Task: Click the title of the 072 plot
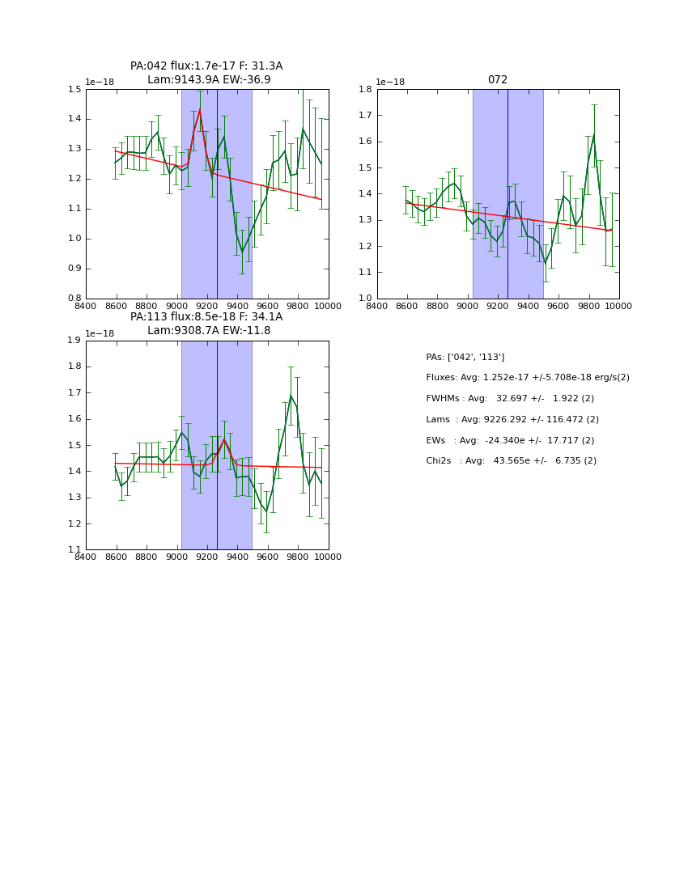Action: coord(497,80)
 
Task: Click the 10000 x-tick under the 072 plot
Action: coord(618,306)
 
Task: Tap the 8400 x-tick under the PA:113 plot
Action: coord(86,557)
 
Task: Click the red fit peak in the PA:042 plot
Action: coord(200,109)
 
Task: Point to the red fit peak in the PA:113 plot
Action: coord(224,439)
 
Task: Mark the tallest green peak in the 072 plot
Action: coord(594,134)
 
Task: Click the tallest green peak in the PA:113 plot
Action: coord(291,395)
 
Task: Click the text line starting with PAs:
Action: coord(465,357)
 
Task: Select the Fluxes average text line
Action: coord(527,378)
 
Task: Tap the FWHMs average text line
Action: coord(510,399)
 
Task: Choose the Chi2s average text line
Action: coord(511,461)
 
